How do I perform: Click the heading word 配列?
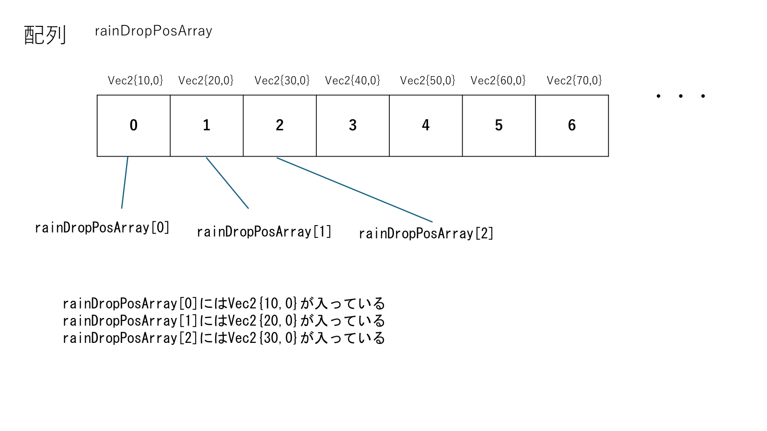pyautogui.click(x=45, y=35)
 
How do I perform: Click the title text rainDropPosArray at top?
pyautogui.click(x=153, y=31)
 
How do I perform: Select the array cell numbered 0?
pyautogui.click(x=134, y=125)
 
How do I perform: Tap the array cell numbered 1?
pyautogui.click(x=207, y=125)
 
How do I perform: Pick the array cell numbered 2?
pyautogui.click(x=279, y=125)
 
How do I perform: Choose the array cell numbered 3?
pyautogui.click(x=353, y=125)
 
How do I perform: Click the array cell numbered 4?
pyautogui.click(x=426, y=125)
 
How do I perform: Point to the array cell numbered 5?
pyautogui.click(x=499, y=125)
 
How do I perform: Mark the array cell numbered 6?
pyautogui.click(x=572, y=125)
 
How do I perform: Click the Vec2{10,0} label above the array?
pyautogui.click(x=135, y=80)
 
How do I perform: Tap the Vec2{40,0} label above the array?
pyautogui.click(x=352, y=80)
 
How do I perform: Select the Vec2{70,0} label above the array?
pyautogui.click(x=574, y=80)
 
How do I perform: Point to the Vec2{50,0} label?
pyautogui.click(x=428, y=80)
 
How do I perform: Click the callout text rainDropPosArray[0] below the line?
pyautogui.click(x=102, y=227)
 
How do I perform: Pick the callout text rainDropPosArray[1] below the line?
pyautogui.click(x=264, y=232)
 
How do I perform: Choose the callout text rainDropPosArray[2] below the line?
pyautogui.click(x=426, y=234)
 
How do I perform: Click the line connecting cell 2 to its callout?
pyautogui.click(x=355, y=190)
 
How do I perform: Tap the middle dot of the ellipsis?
pyautogui.click(x=681, y=96)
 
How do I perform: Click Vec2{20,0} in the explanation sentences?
pyautogui.click(x=263, y=321)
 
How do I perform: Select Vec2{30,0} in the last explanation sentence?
pyautogui.click(x=263, y=338)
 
